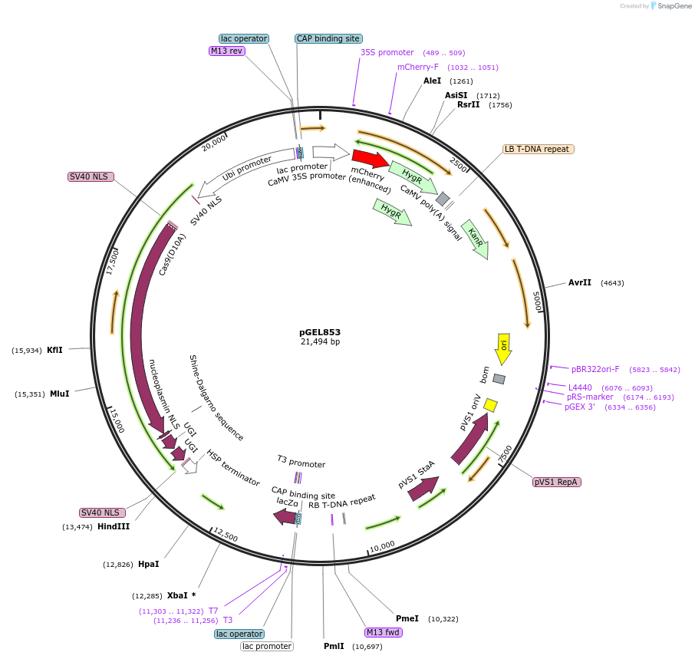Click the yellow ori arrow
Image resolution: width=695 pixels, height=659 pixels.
click(x=503, y=349)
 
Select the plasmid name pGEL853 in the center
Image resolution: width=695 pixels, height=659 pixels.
click(x=320, y=333)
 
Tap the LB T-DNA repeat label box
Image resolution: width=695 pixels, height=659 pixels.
click(x=536, y=149)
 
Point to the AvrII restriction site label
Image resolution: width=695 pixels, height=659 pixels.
click(x=580, y=282)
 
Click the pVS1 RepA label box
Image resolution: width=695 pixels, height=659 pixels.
click(x=557, y=482)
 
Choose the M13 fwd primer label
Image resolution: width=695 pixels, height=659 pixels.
click(x=384, y=632)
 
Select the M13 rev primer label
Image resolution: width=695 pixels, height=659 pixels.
click(x=226, y=51)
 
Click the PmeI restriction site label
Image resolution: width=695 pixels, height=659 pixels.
click(x=407, y=618)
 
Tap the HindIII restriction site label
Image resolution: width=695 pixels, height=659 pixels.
click(x=114, y=526)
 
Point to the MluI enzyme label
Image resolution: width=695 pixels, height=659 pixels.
click(x=59, y=394)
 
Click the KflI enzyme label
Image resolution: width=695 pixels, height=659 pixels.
click(x=55, y=350)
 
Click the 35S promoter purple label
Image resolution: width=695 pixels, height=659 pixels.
click(x=387, y=52)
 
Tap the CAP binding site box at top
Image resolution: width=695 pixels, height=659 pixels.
click(x=328, y=38)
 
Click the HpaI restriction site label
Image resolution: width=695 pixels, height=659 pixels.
click(x=149, y=564)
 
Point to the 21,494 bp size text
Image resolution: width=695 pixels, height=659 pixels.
click(x=320, y=342)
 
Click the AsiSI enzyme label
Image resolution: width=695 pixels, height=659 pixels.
click(x=456, y=95)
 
